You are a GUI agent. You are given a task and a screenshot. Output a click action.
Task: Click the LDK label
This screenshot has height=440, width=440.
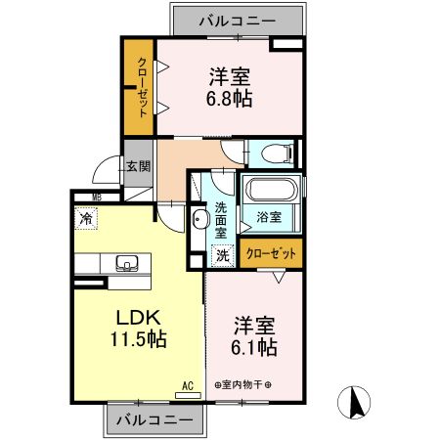coord(138,318)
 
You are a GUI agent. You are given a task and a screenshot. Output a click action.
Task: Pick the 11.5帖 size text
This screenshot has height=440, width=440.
coord(139,340)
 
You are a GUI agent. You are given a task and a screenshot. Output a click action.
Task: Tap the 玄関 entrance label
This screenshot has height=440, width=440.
coord(138,166)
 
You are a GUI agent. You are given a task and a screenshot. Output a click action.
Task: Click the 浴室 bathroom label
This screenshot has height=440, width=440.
coord(270,217)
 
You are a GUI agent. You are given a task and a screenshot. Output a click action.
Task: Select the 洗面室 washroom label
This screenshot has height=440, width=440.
coord(221,220)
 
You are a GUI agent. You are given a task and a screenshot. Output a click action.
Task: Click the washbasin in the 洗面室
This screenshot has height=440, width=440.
coord(198,218)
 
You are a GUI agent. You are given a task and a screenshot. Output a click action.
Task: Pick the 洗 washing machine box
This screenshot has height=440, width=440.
coord(222,254)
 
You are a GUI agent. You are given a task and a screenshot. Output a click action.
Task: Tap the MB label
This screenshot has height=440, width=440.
coord(97,197)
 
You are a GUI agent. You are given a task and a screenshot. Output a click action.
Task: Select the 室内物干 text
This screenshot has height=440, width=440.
coord(242,384)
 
